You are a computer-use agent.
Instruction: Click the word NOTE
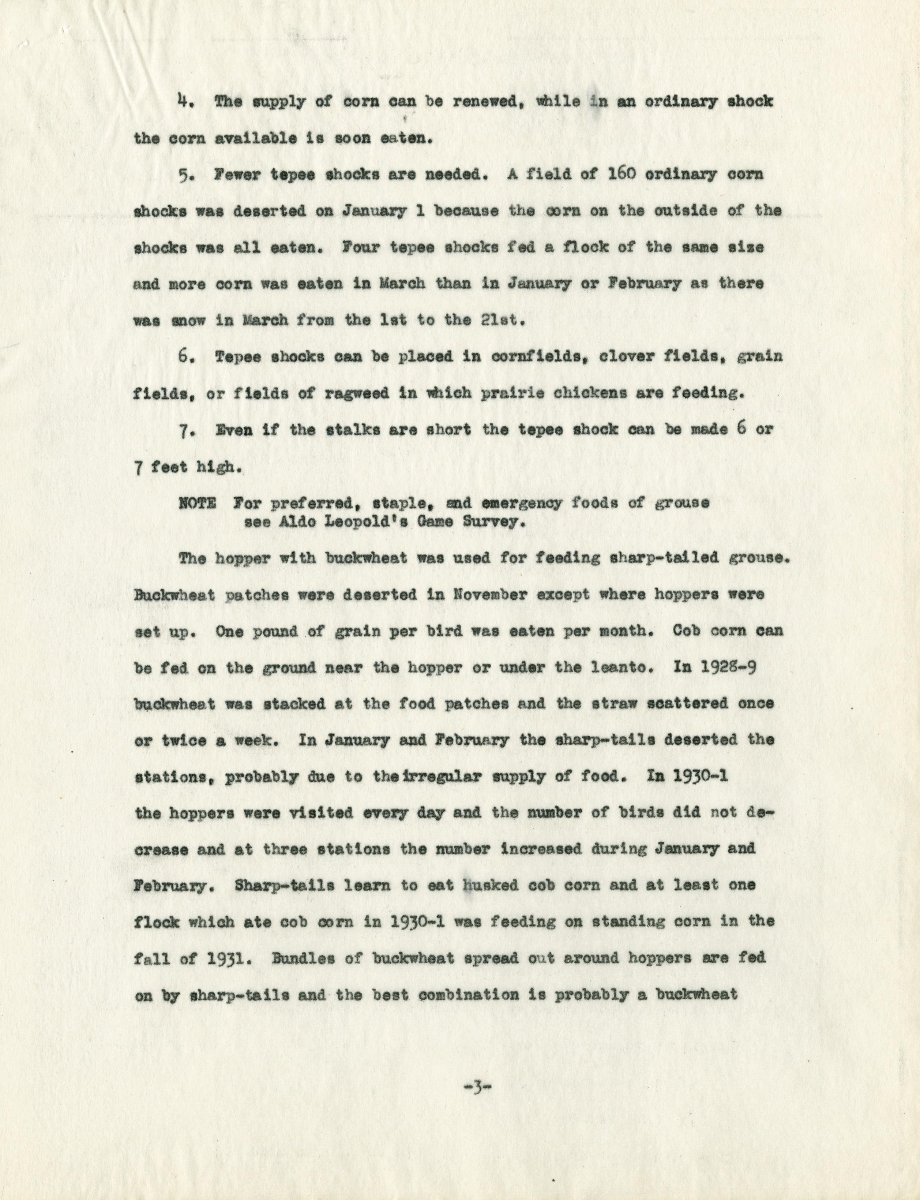point(196,503)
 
